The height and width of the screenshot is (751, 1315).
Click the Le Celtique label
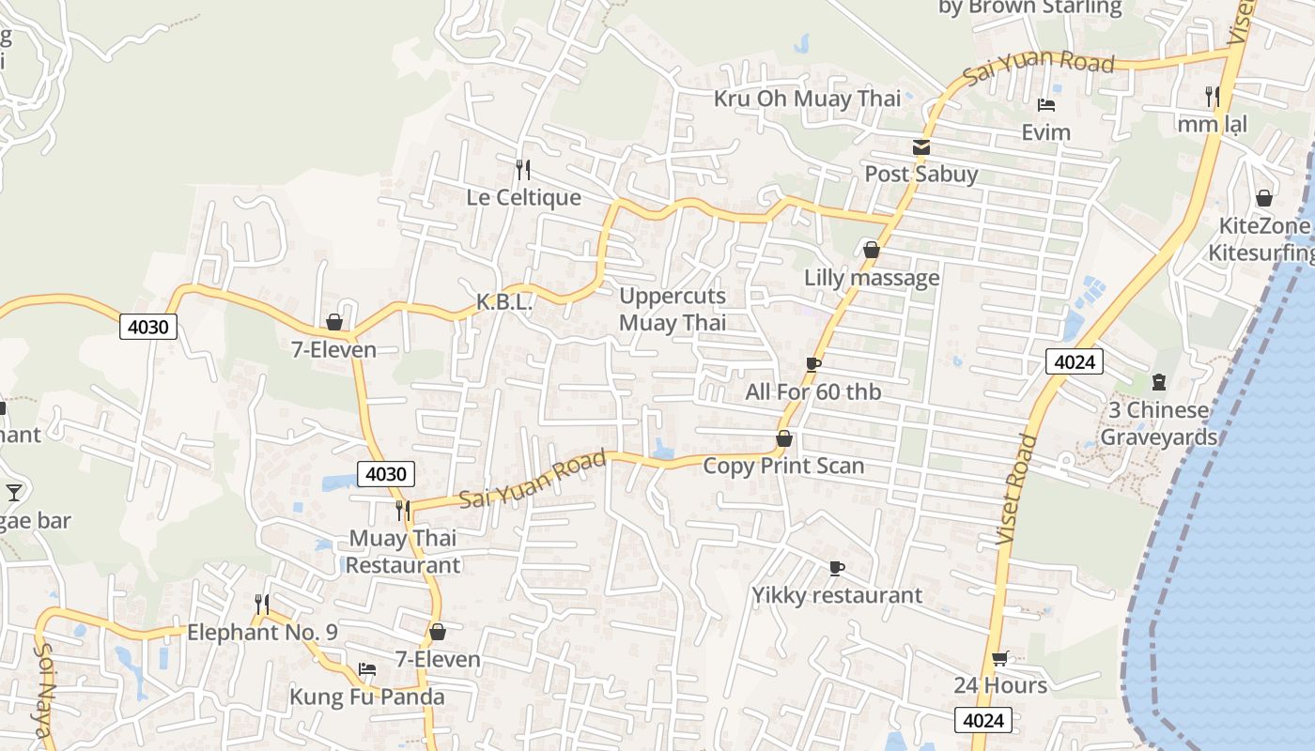pos(523,198)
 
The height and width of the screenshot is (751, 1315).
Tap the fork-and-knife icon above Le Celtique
pos(523,170)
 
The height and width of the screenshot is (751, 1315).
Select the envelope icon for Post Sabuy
pos(920,147)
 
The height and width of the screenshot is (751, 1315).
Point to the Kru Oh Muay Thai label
pos(807,99)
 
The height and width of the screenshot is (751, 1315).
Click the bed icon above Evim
pos(1046,104)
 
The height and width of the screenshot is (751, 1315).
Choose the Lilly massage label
pos(872,278)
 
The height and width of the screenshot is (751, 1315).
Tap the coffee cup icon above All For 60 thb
pos(813,364)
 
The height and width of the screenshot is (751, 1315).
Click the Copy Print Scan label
pos(783,466)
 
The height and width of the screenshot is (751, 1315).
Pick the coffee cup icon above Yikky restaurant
pos(837,568)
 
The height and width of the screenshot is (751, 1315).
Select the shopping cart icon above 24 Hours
pos(999,658)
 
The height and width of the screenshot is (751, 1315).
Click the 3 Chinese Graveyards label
pos(1158,423)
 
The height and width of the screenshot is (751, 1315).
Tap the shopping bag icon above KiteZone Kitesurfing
pos(1264,198)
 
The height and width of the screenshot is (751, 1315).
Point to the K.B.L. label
pos(504,302)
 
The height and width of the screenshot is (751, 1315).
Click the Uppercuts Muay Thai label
pos(673,310)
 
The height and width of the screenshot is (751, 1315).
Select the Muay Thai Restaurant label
pos(403,551)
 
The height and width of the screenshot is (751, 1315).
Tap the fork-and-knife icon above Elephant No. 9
pos(262,604)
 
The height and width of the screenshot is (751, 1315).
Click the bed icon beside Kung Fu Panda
pos(367,669)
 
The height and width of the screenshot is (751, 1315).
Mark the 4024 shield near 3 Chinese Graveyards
pos(1074,361)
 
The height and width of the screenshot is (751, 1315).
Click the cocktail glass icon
pos(14,492)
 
